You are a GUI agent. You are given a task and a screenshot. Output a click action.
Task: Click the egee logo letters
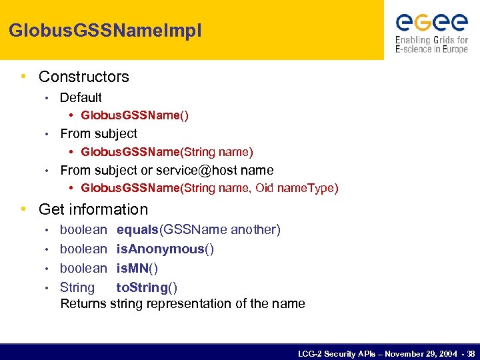pos(432,23)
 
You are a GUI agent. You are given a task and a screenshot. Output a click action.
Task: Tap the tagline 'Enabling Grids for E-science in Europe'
pos(431,45)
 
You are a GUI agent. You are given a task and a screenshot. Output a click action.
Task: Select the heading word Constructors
pos(84,77)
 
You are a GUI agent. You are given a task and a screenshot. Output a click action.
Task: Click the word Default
pos(81,97)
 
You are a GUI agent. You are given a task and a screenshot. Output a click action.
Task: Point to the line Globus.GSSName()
pos(135,116)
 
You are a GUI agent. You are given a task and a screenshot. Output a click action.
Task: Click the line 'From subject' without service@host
pos(99,134)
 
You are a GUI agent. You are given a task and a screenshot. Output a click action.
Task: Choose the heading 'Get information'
pos(93,209)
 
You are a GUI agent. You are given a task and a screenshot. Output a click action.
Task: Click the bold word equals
pos(137,230)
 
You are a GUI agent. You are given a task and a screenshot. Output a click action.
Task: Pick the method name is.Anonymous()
pos(165,249)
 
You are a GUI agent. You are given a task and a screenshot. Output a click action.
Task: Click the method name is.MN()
pos(137,269)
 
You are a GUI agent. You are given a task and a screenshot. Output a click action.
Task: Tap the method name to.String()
pos(147,288)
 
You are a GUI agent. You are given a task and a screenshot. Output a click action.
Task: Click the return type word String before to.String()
pos(77,288)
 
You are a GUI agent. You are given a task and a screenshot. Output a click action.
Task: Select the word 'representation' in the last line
pos(177,304)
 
